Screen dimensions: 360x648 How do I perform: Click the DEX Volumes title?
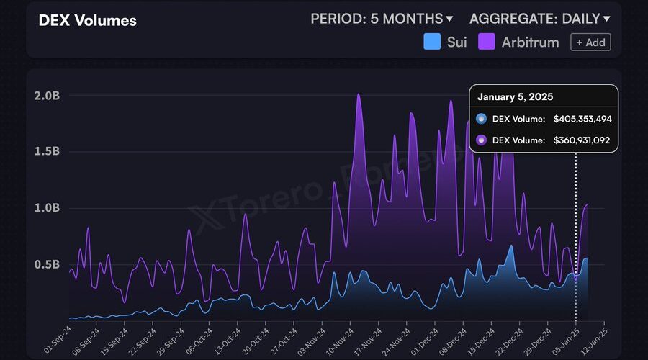(x=87, y=20)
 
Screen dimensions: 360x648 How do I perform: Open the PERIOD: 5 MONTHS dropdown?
(x=382, y=19)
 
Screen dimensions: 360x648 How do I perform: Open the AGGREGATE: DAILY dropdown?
(x=539, y=19)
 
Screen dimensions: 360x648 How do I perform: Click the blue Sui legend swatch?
(x=432, y=42)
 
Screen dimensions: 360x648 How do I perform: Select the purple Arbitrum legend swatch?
(x=487, y=42)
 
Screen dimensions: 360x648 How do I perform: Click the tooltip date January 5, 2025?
(x=516, y=96)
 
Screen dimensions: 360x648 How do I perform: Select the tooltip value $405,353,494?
(x=582, y=119)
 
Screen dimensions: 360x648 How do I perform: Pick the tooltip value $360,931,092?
(x=582, y=140)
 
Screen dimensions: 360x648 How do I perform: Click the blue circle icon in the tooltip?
(x=481, y=119)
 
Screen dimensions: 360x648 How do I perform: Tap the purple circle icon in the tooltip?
(x=481, y=140)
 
